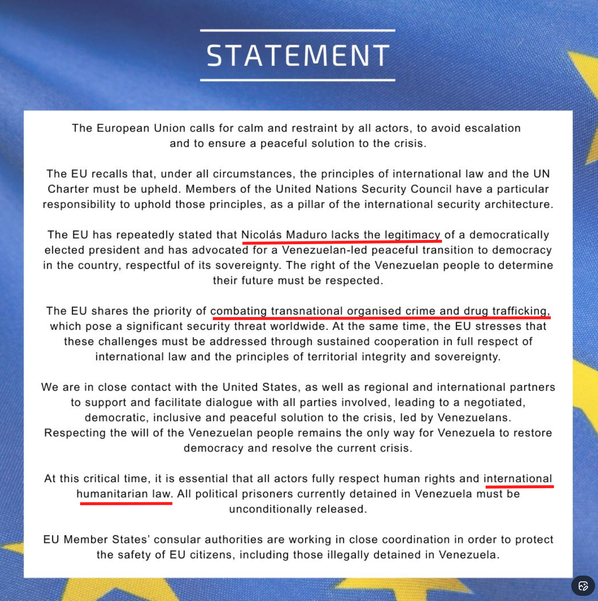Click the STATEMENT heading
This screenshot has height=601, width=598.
pos(298,56)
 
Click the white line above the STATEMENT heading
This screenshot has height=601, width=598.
pos(298,31)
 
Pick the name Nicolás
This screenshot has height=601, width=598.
pos(261,235)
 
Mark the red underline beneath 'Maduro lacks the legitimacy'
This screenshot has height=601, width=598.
pos(341,242)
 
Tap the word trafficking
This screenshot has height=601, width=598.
pos(520,311)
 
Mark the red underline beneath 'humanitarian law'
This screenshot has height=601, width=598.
pos(126,503)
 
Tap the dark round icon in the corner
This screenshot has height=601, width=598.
pos(583,586)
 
